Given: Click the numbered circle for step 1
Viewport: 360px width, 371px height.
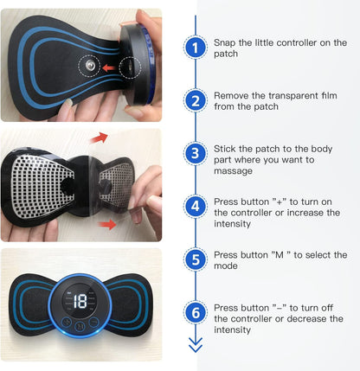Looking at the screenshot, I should [196, 47].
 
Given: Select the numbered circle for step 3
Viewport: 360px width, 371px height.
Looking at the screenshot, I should [196, 153].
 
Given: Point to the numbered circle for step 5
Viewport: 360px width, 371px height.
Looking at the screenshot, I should [196, 259].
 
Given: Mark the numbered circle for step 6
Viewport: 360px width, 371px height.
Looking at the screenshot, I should [196, 311].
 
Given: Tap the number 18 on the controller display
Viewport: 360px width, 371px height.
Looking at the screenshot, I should [80, 302].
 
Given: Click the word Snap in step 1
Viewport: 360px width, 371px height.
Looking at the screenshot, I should [228, 41].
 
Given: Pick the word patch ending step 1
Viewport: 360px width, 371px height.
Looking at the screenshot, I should [227, 54].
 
